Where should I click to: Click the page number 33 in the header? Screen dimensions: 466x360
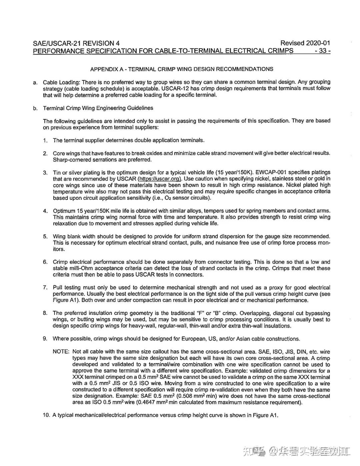(322, 51)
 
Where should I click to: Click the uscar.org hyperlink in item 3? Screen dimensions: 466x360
(160, 179)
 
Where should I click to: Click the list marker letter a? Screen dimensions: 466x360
(35, 82)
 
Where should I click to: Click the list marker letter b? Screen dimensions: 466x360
(35, 108)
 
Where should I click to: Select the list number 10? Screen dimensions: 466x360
(46, 415)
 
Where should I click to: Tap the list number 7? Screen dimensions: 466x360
(45, 288)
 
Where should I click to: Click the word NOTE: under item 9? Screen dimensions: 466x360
(61, 352)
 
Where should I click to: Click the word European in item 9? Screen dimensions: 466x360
(194, 339)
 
